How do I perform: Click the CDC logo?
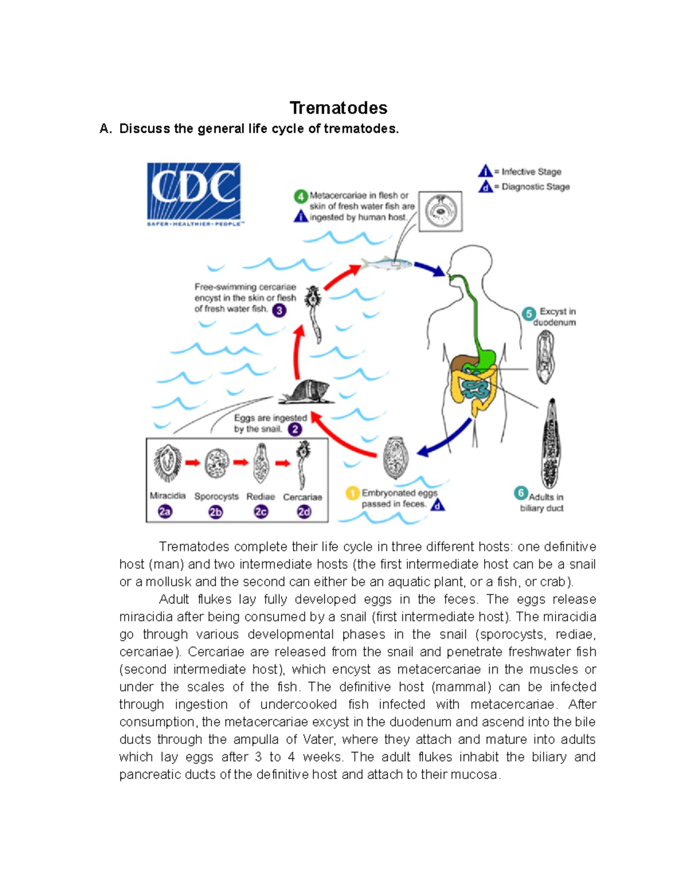pyautogui.click(x=194, y=194)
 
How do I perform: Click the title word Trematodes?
pyautogui.click(x=338, y=108)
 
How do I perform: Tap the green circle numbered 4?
pyautogui.click(x=301, y=196)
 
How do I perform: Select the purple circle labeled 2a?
pyautogui.click(x=165, y=512)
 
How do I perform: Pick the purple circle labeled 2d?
pyautogui.click(x=304, y=512)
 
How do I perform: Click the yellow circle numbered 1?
pyautogui.click(x=352, y=494)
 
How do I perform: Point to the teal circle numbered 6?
pyautogui.click(x=521, y=493)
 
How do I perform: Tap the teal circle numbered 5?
pyautogui.click(x=529, y=314)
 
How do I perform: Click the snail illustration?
pyautogui.click(x=306, y=391)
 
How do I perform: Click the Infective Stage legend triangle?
pyautogui.click(x=485, y=171)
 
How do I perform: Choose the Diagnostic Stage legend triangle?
pyautogui.click(x=485, y=186)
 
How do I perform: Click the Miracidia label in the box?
pyautogui.click(x=168, y=495)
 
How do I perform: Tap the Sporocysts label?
pyautogui.click(x=216, y=496)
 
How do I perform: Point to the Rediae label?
pyautogui.click(x=261, y=496)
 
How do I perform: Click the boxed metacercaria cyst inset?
pyautogui.click(x=441, y=212)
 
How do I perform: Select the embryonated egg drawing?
pyautogui.click(x=395, y=457)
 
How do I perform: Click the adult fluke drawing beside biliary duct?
pyautogui.click(x=550, y=444)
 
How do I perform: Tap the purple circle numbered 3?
pyautogui.click(x=279, y=310)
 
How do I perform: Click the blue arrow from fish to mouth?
pyautogui.click(x=430, y=269)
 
